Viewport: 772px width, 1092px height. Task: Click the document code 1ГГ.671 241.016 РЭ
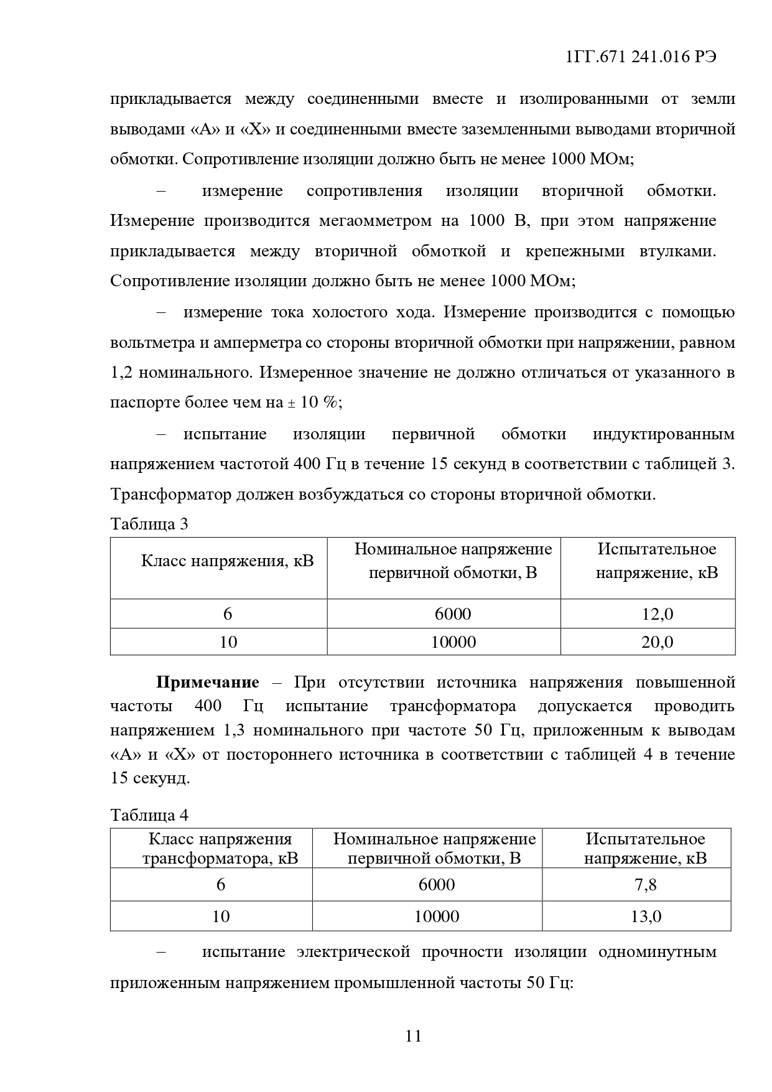pos(641,57)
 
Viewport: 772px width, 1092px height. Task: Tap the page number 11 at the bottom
pos(413,1036)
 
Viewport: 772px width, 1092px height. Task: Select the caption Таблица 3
pos(149,524)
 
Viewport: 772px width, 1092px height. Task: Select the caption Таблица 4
pos(149,814)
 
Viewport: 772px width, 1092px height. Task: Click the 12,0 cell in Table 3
pos(657,614)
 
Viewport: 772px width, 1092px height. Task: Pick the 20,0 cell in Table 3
pos(657,642)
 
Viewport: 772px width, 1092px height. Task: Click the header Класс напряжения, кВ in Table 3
pos(228,561)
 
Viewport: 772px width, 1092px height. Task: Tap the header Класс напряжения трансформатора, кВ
pos(220,849)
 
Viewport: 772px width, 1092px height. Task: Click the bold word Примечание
pos(207,683)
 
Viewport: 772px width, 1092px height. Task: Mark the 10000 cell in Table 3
pos(453,642)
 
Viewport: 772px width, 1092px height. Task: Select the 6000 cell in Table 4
pos(436,884)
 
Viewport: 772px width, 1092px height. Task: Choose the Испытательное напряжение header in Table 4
pos(646,849)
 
